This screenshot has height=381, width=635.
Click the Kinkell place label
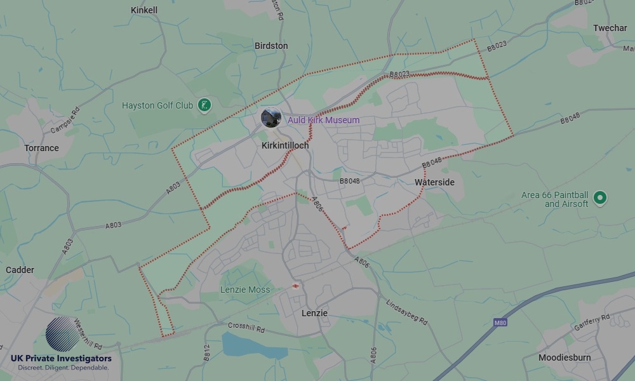tap(144, 10)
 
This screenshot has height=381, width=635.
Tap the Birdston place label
tap(271, 46)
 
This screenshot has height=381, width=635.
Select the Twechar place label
tap(610, 28)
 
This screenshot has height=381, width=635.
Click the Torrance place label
tap(41, 148)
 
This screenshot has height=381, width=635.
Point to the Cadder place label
tap(20, 270)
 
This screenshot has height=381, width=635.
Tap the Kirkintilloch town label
tap(285, 145)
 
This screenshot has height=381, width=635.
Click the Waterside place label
tap(434, 182)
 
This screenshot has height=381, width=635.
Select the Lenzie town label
tap(314, 313)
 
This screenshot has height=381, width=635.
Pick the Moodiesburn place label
tap(565, 358)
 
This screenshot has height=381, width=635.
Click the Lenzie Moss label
tap(245, 290)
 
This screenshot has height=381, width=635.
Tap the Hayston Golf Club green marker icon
tap(204, 105)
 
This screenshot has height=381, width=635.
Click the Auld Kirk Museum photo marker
tap(271, 117)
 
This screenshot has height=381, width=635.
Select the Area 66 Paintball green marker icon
tap(599, 199)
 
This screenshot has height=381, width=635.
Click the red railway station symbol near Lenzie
tap(296, 286)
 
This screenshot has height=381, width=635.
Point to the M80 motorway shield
tap(500, 323)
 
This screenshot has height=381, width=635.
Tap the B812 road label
tap(206, 353)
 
